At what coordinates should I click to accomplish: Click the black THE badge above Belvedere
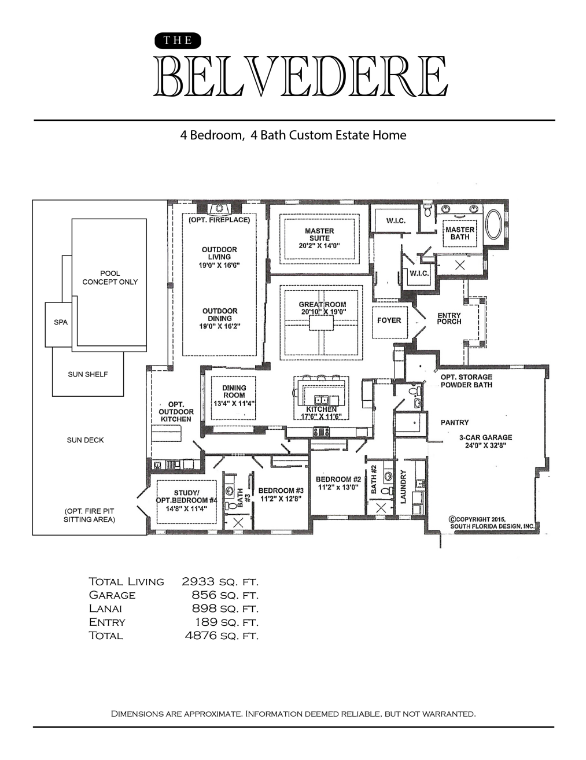pyautogui.click(x=178, y=40)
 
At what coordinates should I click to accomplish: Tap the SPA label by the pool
pyautogui.click(x=61, y=322)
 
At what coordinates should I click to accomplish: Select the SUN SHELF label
pyautogui.click(x=88, y=374)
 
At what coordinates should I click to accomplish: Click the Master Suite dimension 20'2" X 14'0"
pyautogui.click(x=319, y=245)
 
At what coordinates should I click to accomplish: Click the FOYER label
pyautogui.click(x=389, y=320)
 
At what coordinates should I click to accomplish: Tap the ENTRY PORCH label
pyautogui.click(x=449, y=318)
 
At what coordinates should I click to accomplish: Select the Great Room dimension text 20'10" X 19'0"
pyautogui.click(x=322, y=312)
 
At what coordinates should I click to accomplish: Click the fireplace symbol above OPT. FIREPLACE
pyautogui.click(x=219, y=208)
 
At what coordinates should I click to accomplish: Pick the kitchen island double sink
pyautogui.click(x=321, y=400)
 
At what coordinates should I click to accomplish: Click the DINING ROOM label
pyautogui.click(x=234, y=392)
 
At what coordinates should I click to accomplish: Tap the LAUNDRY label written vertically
pyautogui.click(x=403, y=487)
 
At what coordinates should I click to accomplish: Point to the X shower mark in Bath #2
pyautogui.click(x=381, y=508)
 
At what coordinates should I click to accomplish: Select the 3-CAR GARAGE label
pyautogui.click(x=486, y=437)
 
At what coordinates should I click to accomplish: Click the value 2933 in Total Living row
pyautogui.click(x=198, y=582)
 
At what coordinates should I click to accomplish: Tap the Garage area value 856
pyautogui.click(x=204, y=595)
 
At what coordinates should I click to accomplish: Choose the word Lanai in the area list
pyautogui.click(x=105, y=608)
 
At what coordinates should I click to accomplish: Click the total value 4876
pyautogui.click(x=201, y=635)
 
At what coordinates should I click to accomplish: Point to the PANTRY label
pyautogui.click(x=455, y=422)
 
